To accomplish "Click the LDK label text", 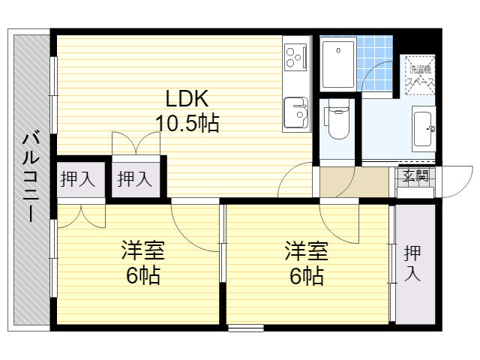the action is [x=187, y=98].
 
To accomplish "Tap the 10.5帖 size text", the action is [x=187, y=123].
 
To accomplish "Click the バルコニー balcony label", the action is [x=31, y=175].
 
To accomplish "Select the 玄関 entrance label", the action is [x=415, y=175].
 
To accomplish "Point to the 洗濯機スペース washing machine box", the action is [x=420, y=75].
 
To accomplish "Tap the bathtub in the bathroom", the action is [x=338, y=64].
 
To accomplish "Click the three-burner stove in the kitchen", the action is [x=295, y=57].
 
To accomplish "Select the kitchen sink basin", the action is [x=296, y=112].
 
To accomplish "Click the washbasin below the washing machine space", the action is [x=424, y=129].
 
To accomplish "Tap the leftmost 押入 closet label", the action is [x=78, y=179].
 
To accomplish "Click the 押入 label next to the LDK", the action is [x=135, y=179].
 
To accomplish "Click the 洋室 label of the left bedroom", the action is [x=143, y=250].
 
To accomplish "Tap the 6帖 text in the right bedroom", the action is [x=307, y=275].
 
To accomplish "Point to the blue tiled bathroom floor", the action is [x=375, y=64].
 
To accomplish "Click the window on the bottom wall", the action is [x=246, y=328].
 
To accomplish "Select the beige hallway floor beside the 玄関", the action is [x=354, y=181].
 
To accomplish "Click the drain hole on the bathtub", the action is [x=338, y=50].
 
